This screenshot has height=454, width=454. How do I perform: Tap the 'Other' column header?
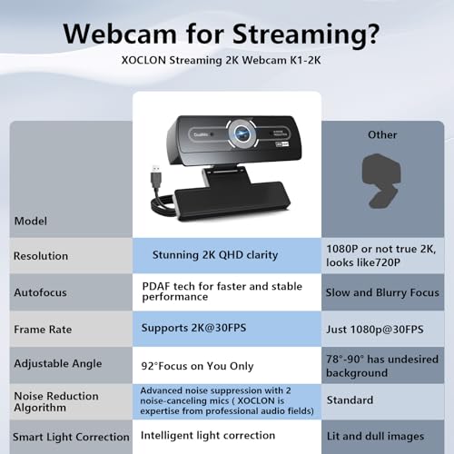click(x=382, y=134)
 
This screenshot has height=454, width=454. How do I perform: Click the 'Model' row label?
click(x=31, y=221)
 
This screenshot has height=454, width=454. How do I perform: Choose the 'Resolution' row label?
click(x=41, y=256)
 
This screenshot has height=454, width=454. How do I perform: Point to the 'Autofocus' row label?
click(x=40, y=292)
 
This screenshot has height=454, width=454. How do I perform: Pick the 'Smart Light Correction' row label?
click(x=65, y=437)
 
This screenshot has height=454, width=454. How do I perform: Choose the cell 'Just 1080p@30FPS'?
click(x=374, y=328)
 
